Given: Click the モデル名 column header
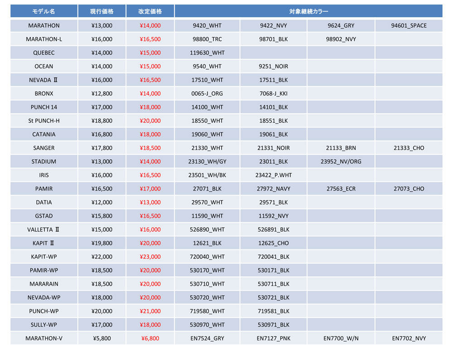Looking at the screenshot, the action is [43, 11].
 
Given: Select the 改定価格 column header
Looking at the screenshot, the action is [150, 11].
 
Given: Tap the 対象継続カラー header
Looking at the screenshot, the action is [308, 11].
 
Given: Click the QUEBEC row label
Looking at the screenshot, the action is [43, 53].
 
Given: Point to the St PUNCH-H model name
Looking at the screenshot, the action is [43, 121].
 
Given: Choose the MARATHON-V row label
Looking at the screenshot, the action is [43, 338].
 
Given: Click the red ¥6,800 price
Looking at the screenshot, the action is [150, 338].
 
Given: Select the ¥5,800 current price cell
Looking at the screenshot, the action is [101, 338].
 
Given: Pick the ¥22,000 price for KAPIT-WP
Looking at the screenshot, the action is [101, 257].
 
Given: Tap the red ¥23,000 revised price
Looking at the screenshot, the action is [150, 257].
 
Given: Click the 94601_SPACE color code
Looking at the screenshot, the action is [409, 25].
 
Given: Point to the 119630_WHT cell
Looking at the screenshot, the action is [207, 53].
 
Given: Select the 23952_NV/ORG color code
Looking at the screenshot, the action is [341, 161].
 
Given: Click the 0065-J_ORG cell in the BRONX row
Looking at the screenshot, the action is [207, 93].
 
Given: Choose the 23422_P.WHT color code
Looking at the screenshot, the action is [273, 175].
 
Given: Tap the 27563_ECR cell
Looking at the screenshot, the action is [341, 189].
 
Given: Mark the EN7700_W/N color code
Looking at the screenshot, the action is [341, 338].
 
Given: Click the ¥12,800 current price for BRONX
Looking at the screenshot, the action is [101, 93].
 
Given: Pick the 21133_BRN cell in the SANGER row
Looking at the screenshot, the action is [341, 148].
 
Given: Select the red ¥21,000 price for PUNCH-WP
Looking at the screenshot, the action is [150, 311].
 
